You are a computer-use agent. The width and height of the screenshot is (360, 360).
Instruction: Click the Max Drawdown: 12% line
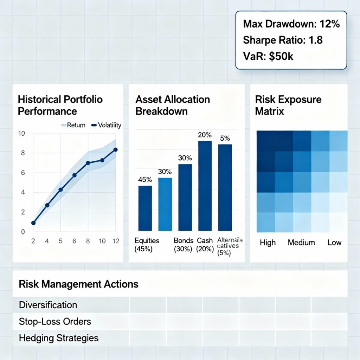(x=291, y=25)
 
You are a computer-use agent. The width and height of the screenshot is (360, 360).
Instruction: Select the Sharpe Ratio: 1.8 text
(x=283, y=40)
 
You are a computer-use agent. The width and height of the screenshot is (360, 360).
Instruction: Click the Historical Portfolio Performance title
(x=60, y=105)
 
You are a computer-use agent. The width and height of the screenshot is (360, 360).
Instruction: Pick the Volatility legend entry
(x=106, y=125)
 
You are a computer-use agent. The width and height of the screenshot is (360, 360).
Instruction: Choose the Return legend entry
(x=73, y=125)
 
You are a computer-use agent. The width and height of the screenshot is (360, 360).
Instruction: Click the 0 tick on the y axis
(x=23, y=232)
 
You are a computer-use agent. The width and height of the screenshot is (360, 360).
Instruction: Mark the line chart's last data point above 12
(x=115, y=150)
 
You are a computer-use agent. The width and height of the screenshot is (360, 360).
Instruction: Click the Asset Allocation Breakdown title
(x=173, y=105)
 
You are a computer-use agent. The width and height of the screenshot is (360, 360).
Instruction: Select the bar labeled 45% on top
(x=145, y=208)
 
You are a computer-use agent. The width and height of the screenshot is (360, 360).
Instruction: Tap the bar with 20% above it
(x=205, y=186)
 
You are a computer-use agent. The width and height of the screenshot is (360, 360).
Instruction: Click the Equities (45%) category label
(x=147, y=244)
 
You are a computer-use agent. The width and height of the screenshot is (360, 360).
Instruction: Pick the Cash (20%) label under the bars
(x=205, y=244)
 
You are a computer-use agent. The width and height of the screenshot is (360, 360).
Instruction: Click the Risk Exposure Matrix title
(x=283, y=105)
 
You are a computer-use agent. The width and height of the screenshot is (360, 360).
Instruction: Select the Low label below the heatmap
(x=334, y=243)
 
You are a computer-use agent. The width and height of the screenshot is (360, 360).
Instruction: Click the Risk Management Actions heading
(x=78, y=284)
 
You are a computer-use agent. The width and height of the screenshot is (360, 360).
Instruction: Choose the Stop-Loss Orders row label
(x=55, y=321)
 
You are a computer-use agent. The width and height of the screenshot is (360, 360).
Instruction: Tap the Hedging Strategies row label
(x=59, y=338)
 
